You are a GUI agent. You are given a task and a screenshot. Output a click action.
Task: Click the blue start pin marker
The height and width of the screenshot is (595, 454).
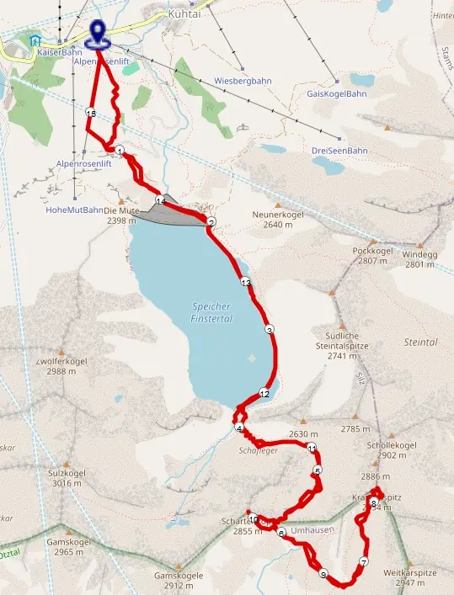(x=99, y=31)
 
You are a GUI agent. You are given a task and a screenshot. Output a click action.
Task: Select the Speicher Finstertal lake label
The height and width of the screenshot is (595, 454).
(x=211, y=312)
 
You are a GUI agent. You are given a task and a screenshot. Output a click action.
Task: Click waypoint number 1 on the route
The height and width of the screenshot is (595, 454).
(x=120, y=151)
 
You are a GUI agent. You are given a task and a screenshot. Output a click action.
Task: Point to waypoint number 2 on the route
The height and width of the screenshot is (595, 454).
(x=211, y=222)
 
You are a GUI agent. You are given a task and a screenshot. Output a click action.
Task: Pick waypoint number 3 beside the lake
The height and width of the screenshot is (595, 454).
(x=269, y=329)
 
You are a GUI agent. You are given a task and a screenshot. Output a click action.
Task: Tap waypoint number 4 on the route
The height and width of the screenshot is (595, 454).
(x=239, y=428)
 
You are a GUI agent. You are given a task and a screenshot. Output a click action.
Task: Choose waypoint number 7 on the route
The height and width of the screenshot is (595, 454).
(x=364, y=562)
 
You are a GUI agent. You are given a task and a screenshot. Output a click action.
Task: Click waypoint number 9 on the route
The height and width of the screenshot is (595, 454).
(x=323, y=574)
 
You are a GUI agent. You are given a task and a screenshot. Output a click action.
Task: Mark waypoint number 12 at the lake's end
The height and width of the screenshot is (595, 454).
(x=264, y=393)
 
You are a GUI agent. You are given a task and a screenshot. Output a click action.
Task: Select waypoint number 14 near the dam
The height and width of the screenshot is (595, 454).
(x=159, y=199)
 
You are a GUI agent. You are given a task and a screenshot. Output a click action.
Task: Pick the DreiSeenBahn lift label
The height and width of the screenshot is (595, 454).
(x=339, y=151)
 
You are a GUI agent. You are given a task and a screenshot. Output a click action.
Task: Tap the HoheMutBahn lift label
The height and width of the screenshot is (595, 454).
(x=74, y=210)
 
